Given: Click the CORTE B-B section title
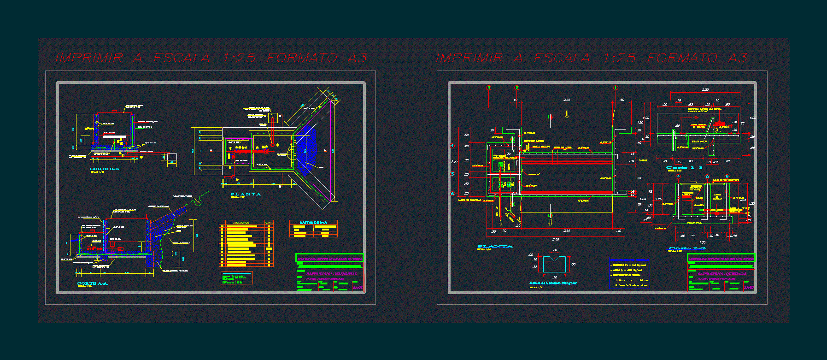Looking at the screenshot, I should [104, 169].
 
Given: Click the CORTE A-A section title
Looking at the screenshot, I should [92, 283].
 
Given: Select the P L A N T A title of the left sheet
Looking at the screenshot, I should [246, 194].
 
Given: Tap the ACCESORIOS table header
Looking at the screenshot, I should [241, 223].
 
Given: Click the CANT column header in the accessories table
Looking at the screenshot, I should [269, 223].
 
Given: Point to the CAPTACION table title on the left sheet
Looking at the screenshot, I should [313, 223].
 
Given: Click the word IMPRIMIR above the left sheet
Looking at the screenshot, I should [89, 58].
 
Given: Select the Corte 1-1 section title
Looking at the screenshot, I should [685, 168].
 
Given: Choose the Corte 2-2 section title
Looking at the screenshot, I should [687, 248].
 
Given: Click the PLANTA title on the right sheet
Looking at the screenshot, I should [495, 247].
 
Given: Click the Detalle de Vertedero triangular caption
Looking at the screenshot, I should [553, 283].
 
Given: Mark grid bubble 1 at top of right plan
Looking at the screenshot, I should [615, 88].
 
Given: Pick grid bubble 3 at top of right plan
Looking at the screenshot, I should [489, 88].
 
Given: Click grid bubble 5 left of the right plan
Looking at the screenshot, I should [452, 174].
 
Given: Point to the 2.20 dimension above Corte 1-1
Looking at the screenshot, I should [705, 89].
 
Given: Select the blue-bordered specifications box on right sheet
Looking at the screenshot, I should [629, 273].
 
